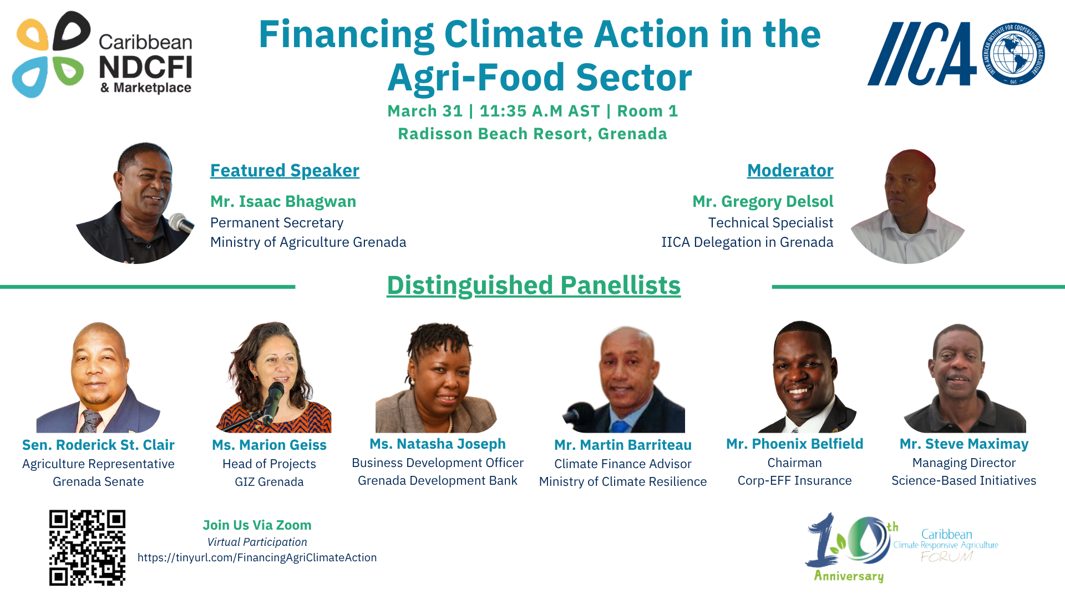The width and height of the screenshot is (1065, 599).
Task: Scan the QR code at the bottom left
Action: click(x=87, y=547)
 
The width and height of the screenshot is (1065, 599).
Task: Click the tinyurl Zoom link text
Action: click(x=257, y=557)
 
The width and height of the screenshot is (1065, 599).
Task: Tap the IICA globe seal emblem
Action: click(x=1013, y=54)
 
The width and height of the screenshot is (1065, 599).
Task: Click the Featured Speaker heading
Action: click(x=285, y=170)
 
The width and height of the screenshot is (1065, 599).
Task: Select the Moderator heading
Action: click(x=790, y=170)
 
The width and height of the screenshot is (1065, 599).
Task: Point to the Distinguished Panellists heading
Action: click(x=534, y=285)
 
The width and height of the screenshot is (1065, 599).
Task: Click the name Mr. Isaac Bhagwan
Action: click(x=283, y=201)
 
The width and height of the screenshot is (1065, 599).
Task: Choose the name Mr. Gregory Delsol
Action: click(x=763, y=201)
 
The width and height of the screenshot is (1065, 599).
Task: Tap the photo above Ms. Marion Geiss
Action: click(x=274, y=377)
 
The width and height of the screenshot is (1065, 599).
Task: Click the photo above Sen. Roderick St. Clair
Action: click(x=98, y=377)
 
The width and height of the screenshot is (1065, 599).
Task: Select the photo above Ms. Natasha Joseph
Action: click(x=437, y=378)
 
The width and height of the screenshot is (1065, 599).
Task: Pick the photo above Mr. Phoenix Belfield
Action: click(x=807, y=377)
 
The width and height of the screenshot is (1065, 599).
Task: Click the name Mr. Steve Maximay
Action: click(x=964, y=444)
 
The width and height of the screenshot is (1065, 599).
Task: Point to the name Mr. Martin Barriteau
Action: click(x=623, y=445)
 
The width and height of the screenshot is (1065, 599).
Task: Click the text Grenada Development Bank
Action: click(x=438, y=480)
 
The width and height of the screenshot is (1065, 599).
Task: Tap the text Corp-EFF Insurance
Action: click(x=794, y=480)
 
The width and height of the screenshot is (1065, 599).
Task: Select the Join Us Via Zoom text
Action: click(x=257, y=525)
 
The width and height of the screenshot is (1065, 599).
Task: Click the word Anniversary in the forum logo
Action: click(x=849, y=576)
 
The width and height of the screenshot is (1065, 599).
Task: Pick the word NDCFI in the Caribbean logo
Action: click(x=145, y=68)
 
